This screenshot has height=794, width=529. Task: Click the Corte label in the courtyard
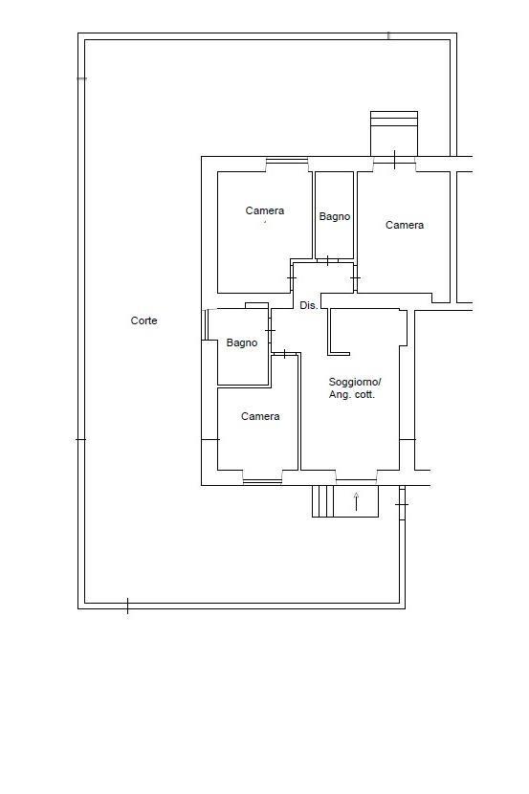click(143, 320)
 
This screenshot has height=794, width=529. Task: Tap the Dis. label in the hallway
click(309, 305)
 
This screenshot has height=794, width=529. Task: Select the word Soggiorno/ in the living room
click(355, 382)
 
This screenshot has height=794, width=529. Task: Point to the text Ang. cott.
click(352, 395)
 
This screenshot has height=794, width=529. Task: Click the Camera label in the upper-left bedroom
click(265, 210)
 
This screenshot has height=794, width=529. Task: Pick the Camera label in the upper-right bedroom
click(405, 225)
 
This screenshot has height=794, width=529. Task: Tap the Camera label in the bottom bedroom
click(260, 416)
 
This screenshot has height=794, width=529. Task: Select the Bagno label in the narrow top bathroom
click(335, 217)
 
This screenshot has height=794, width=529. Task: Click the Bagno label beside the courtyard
click(242, 342)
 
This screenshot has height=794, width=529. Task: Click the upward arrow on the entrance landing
click(356, 501)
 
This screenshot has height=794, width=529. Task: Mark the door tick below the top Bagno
click(327, 261)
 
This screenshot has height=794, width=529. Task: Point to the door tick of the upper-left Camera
click(292, 278)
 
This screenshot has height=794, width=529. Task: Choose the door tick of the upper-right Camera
click(355, 278)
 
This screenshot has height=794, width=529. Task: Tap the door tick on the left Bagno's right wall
click(270, 331)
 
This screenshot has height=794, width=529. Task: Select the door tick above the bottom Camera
click(284, 353)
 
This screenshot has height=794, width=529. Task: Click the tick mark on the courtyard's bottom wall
click(127, 606)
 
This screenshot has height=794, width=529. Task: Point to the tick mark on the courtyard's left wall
click(80, 439)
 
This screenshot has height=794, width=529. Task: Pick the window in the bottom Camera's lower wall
click(262, 481)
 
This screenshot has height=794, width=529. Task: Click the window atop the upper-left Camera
click(287, 161)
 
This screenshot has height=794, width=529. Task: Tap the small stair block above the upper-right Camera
click(394, 133)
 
